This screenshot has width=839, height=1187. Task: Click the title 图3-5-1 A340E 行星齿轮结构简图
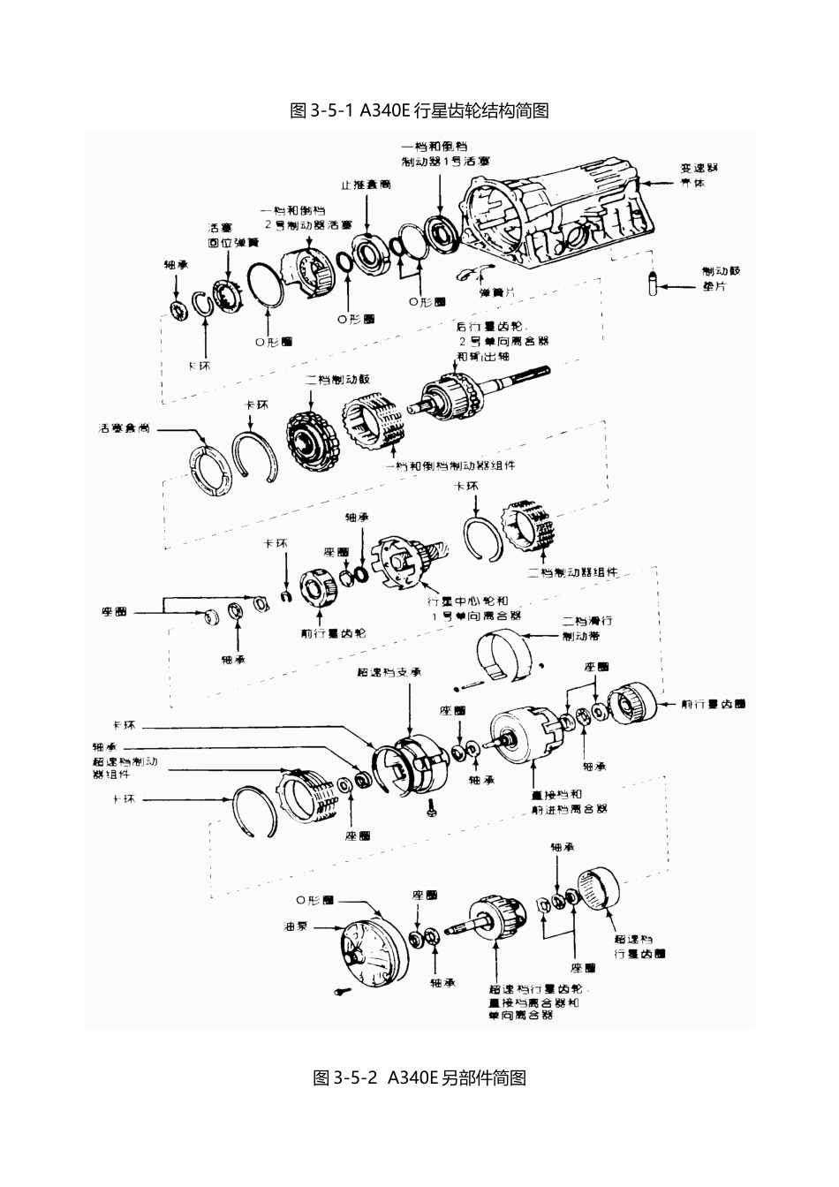[419, 110]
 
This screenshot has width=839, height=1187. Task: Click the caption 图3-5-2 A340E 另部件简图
[419, 1078]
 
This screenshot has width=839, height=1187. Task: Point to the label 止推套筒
[367, 185]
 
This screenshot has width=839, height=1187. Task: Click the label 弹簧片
[497, 292]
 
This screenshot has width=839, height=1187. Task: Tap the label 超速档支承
[389, 672]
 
